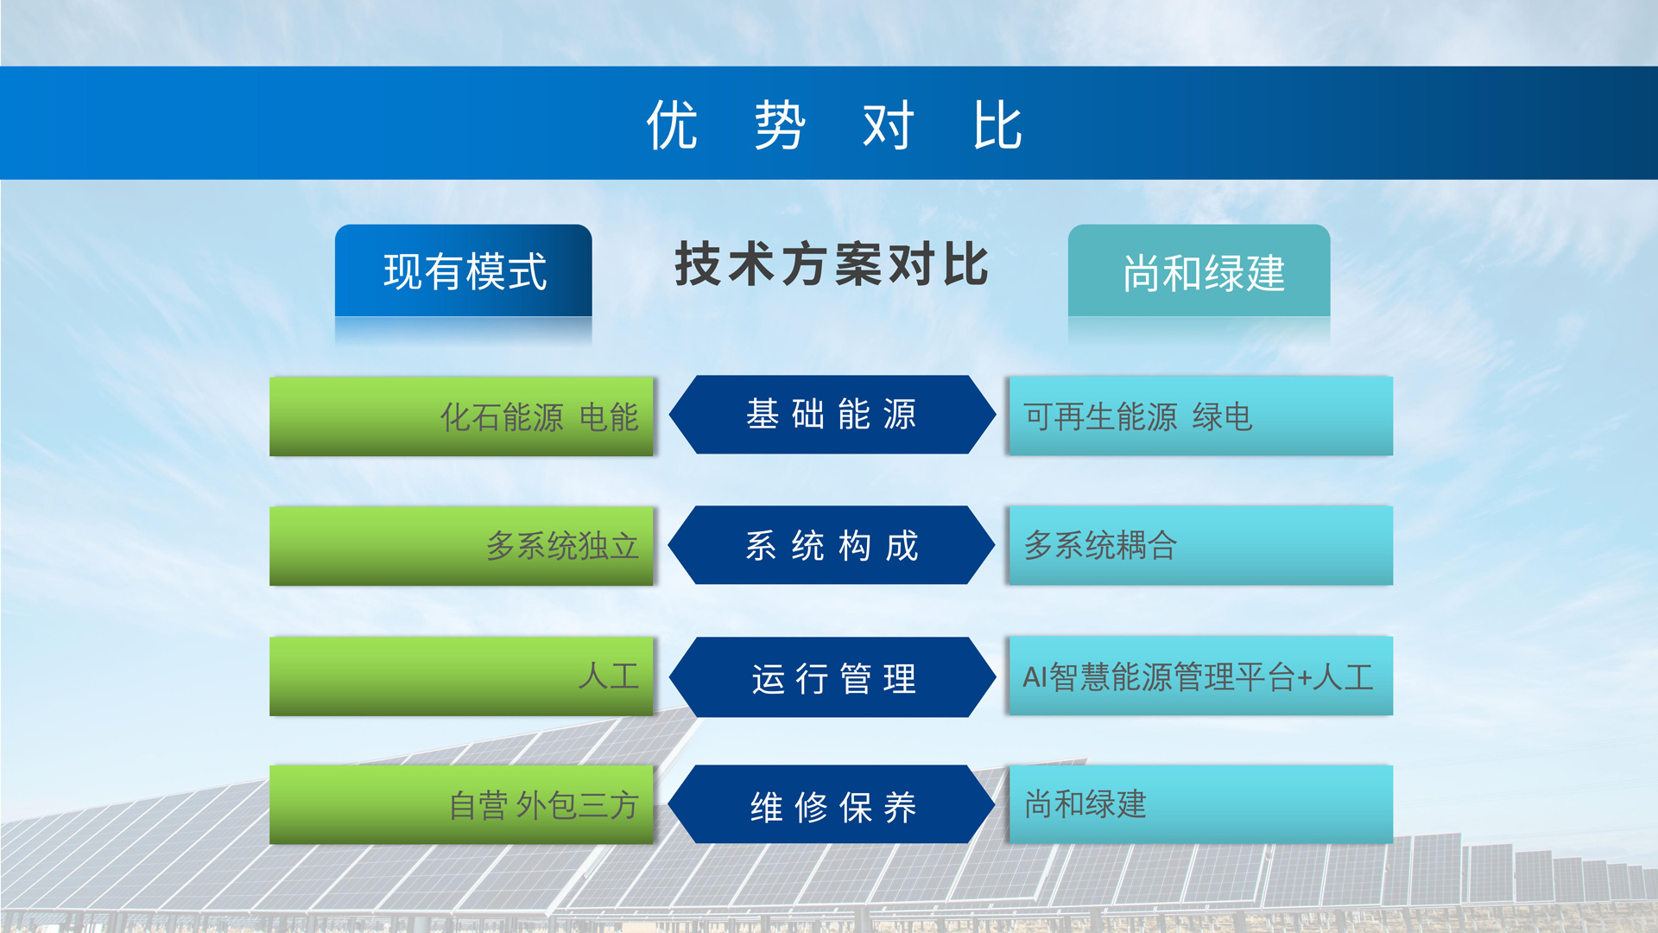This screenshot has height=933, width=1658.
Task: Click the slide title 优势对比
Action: coord(834,124)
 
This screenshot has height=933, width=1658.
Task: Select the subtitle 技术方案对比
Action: coord(832,264)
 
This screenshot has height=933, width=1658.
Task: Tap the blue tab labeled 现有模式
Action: coord(464,270)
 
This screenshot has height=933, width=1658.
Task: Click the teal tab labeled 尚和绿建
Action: coord(1199,271)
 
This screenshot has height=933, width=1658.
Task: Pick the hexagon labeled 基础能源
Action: coord(832,415)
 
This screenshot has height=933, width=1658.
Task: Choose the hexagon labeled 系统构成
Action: coord(832,545)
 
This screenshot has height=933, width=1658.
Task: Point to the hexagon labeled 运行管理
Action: coord(832,677)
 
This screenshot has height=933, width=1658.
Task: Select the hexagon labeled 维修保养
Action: coord(832,805)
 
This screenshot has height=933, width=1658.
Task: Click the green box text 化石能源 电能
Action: coord(540,417)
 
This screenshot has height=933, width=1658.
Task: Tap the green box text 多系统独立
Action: coord(562,546)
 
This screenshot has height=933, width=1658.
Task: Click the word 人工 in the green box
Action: coord(609,676)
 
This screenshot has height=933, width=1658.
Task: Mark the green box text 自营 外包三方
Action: coord(544,805)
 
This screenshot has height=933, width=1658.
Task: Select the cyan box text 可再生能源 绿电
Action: coord(1138,417)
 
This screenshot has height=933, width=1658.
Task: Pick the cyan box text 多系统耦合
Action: coord(1101,545)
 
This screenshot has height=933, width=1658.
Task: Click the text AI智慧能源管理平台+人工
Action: coord(1198,677)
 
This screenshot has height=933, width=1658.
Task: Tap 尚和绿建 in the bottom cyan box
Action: coord(1085,804)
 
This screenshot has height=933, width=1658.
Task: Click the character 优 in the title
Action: coord(672,125)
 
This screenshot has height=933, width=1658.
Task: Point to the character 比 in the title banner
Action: coord(998,125)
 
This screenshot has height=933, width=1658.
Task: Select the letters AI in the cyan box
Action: coord(1035,677)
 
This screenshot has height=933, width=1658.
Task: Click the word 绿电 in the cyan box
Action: coord(1223,417)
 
